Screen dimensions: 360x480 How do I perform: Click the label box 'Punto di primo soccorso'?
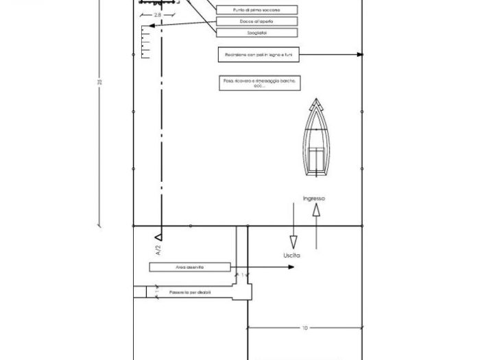click(257, 10)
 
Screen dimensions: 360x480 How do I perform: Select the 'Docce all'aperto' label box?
click(257, 21)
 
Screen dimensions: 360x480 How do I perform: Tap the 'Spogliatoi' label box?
click(257, 32)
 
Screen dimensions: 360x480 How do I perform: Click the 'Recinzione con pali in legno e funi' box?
click(258, 54)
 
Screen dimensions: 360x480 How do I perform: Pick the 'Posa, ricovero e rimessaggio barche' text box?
click(259, 83)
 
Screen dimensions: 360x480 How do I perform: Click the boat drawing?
click(316, 140)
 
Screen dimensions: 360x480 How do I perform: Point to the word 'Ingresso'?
click(314, 199)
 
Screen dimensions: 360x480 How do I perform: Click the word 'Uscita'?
click(292, 255)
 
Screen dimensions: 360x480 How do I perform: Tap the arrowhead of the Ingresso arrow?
click(316, 210)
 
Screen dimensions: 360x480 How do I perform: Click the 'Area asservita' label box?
click(190, 267)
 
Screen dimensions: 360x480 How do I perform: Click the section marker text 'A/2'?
click(158, 250)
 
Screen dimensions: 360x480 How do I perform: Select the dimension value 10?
click(304, 328)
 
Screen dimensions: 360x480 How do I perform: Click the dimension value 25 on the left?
click(100, 82)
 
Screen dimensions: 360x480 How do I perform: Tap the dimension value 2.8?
click(158, 14)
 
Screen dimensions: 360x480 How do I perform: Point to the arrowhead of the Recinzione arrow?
click(359, 54)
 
